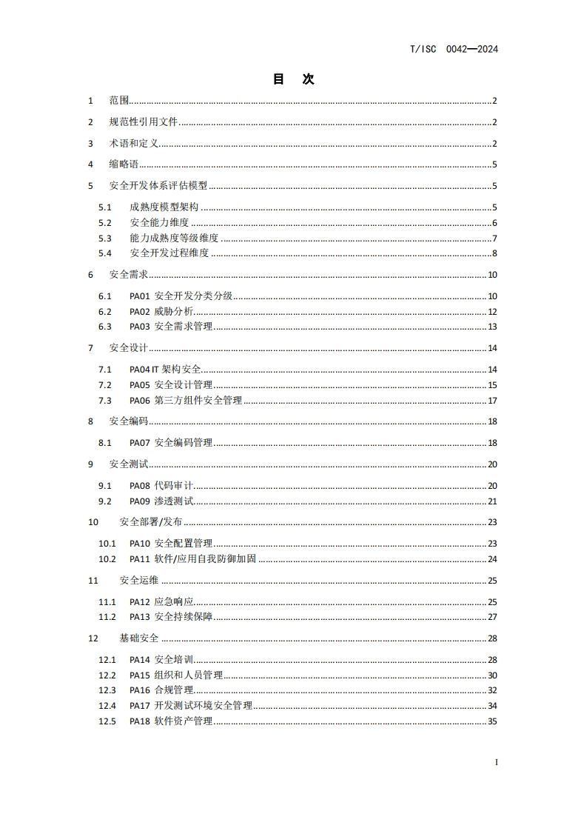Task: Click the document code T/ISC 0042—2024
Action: (453, 50)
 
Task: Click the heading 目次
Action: (293, 79)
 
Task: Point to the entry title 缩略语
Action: (124, 164)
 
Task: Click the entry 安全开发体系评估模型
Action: (158, 186)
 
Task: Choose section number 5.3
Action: (105, 238)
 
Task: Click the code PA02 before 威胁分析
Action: (139, 312)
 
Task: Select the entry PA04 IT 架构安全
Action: (165, 370)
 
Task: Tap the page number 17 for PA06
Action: (492, 401)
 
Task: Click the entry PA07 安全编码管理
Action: (171, 443)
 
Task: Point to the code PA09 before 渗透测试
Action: (139, 501)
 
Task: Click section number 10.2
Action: (108, 559)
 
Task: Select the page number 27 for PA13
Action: (492, 617)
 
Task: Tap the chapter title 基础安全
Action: (138, 638)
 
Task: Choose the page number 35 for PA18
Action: (492, 721)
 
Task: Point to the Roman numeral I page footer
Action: (496, 762)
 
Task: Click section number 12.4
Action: (108, 706)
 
